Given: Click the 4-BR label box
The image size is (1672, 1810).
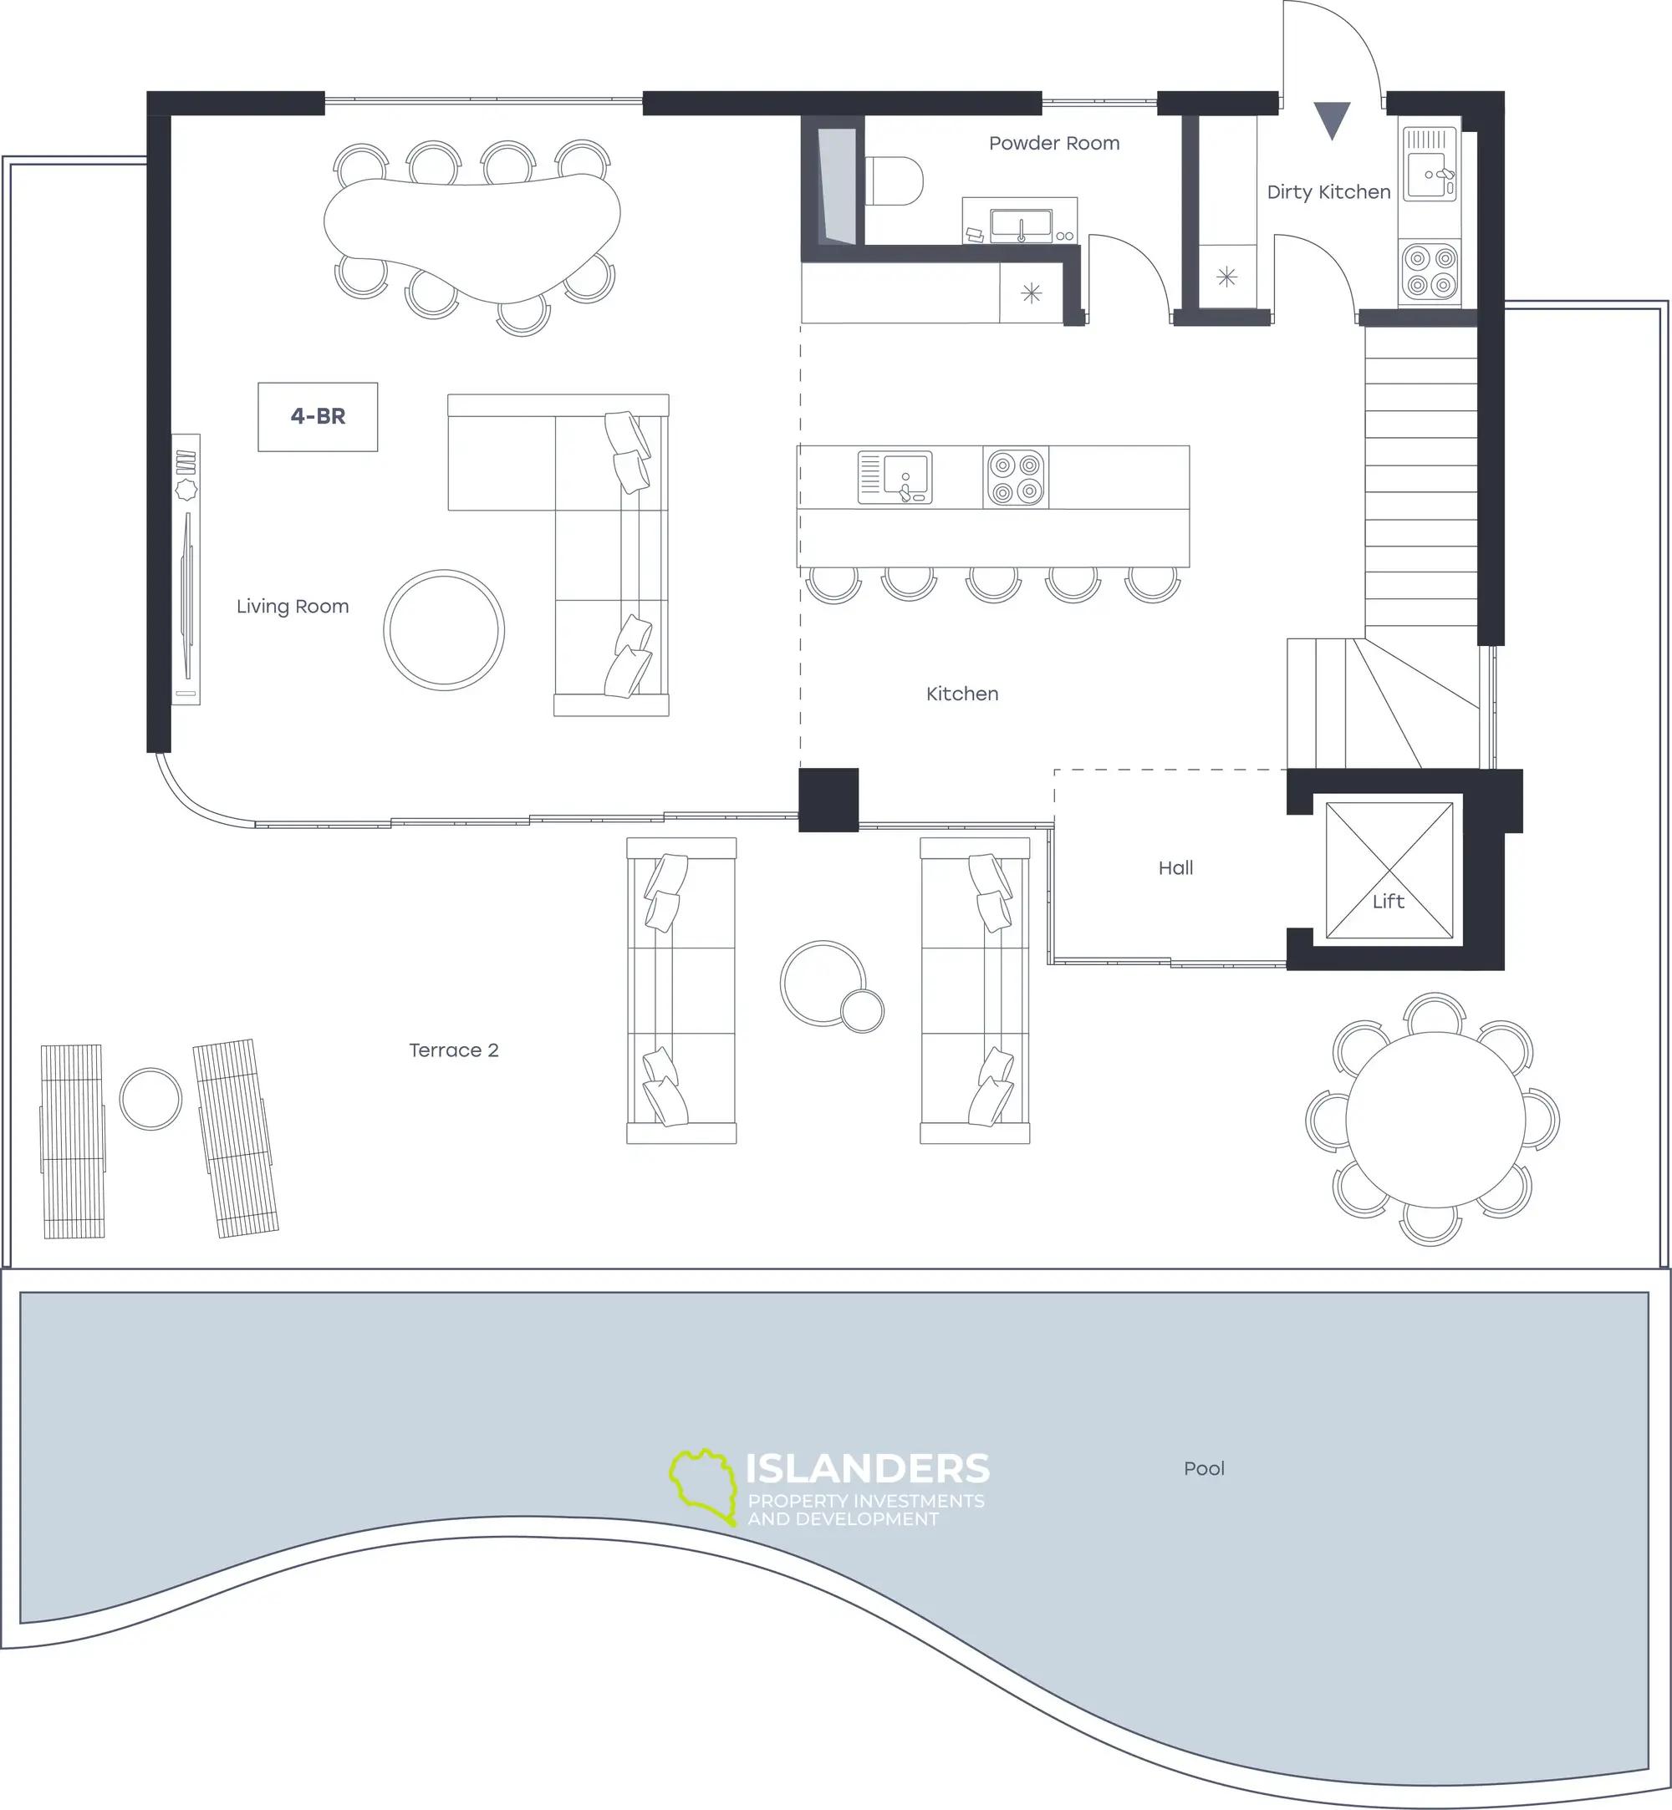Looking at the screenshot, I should pos(318,416).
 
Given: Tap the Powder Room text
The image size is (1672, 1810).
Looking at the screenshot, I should pos(1054,143).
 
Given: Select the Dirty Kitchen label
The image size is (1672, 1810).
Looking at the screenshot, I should pos(1328,191).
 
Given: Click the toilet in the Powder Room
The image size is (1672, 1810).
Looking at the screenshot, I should pos(895,180).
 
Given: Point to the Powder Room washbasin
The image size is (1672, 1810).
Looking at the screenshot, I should pos(1021,223).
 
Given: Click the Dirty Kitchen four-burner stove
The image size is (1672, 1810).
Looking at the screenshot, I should pos(1430,272).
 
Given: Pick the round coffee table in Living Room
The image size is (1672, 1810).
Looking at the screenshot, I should pos(444,629).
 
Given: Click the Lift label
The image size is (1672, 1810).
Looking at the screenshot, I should pos(1388,901).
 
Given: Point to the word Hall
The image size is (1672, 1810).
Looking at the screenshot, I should pos(1175,867).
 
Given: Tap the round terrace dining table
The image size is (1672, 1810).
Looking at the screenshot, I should pos(1435,1120).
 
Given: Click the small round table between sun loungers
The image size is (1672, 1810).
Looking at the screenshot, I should pos(151,1098).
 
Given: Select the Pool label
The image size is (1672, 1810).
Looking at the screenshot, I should pos(1203,1468).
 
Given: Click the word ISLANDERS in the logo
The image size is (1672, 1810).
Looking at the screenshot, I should pos(867,1468).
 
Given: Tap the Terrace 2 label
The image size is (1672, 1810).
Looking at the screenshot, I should pos(453,1050).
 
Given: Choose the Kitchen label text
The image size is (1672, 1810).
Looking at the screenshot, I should pos(961,694).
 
